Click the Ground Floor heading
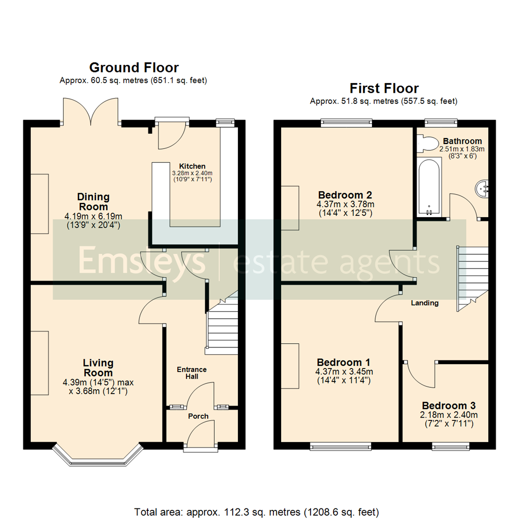point(134,68)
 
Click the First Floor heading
point(383,88)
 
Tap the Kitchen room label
point(192,166)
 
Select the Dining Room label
point(94,202)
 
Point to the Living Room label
point(98,368)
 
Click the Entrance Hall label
point(192,373)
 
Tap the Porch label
point(198,416)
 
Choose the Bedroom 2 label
point(345,195)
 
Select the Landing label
point(424,303)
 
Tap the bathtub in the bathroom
point(429,187)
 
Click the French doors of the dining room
point(90,111)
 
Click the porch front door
point(200,435)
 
